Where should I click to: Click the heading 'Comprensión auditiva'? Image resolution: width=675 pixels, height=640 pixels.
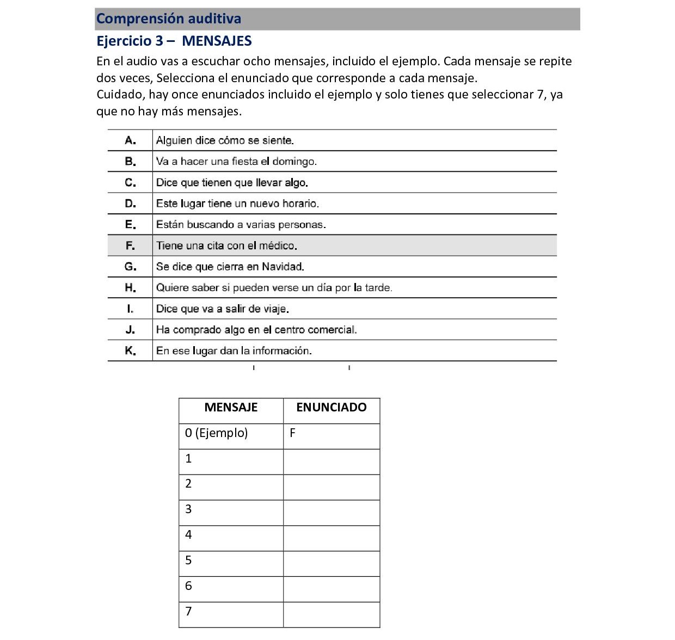(169, 19)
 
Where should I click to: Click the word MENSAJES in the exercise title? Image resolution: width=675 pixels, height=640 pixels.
(217, 41)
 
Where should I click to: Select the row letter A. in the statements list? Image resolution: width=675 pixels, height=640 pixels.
(130, 140)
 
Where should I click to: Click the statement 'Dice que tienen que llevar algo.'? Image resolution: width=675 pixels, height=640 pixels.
(232, 183)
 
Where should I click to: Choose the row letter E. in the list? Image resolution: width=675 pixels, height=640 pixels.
(130, 225)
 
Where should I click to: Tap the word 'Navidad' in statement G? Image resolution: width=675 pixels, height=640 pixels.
(283, 267)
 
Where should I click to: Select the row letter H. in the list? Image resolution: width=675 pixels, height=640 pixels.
(130, 288)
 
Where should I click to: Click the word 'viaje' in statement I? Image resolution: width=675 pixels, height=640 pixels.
(275, 309)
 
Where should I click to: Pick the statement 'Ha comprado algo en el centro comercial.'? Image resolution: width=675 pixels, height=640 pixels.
(256, 330)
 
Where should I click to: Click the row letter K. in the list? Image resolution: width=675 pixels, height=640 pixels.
(130, 351)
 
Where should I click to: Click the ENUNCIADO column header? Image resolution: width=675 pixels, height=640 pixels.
(331, 408)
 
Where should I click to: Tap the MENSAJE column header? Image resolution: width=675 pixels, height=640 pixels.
(231, 408)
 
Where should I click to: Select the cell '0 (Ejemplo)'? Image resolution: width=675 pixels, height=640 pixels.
(216, 433)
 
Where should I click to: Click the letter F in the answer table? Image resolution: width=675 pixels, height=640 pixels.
(293, 433)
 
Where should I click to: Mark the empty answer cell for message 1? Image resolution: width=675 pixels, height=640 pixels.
(331, 462)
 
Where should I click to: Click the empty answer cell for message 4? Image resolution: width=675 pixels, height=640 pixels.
(331, 538)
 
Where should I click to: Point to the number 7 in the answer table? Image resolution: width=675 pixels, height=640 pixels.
(188, 612)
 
